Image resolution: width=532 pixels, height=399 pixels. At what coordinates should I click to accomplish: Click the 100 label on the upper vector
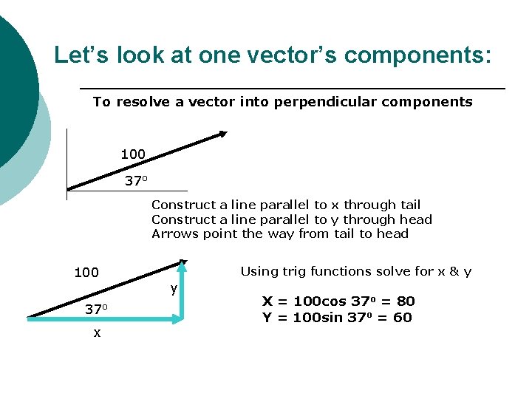[x=133, y=154]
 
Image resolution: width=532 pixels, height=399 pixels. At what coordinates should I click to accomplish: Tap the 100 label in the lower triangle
[x=86, y=273]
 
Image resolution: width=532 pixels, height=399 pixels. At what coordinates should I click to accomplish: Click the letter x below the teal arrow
[x=97, y=333]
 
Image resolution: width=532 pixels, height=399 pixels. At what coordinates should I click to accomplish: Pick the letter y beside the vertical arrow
[x=174, y=289]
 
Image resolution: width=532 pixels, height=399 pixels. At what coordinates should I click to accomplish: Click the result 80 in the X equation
[x=406, y=301]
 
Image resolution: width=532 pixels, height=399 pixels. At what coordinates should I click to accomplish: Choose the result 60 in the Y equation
[x=403, y=318]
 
